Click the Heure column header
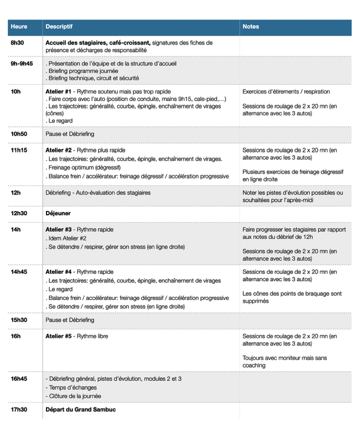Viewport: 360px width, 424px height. [x=19, y=26]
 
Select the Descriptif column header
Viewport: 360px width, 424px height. [x=59, y=26]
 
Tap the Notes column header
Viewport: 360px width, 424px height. [x=251, y=26]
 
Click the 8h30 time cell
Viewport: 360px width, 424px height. [x=17, y=43]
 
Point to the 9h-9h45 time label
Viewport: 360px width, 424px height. [x=22, y=64]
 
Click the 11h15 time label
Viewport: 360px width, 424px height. [x=19, y=150]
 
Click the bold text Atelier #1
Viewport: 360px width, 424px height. [x=58, y=92]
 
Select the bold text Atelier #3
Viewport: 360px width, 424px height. [x=58, y=230]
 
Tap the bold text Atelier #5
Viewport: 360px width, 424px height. [x=58, y=336]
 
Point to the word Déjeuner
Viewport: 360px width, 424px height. [x=58, y=213]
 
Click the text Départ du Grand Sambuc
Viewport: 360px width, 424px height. [x=80, y=410]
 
